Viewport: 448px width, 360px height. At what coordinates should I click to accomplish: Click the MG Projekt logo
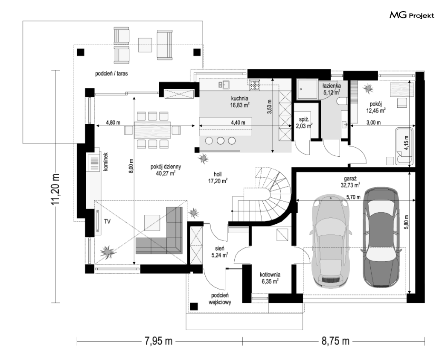tap(412, 15)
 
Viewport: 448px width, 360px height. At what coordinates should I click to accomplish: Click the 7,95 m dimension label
tap(159, 341)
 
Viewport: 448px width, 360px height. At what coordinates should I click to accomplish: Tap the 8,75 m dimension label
tap(335, 341)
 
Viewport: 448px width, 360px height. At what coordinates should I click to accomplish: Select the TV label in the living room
tap(107, 221)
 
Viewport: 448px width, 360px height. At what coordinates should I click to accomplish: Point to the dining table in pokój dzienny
tap(153, 130)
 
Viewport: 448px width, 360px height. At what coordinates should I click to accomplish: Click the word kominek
tap(106, 161)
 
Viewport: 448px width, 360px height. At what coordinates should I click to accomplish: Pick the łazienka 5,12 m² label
tap(332, 89)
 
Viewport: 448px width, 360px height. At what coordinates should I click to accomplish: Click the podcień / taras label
tap(111, 73)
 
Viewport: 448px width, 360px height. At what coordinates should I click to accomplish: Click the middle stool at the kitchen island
tap(220, 140)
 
